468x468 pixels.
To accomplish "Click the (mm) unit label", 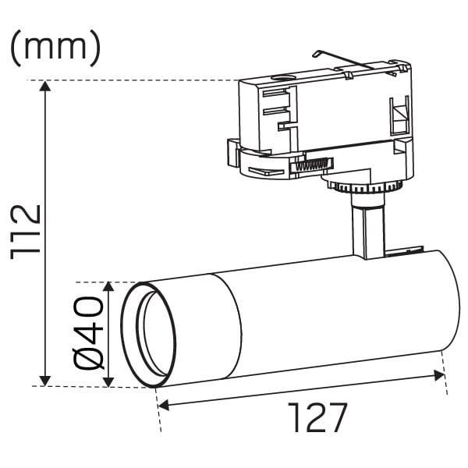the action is pyautogui.click(x=55, y=48).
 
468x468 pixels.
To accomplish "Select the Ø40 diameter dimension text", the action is pyautogui.click(x=88, y=333).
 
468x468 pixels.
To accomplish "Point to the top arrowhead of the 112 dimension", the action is pyautogui.click(x=45, y=86).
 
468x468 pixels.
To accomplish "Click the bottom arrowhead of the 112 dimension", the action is pyautogui.click(x=45, y=381).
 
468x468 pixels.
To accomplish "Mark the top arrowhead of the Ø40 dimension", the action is pyautogui.click(x=108, y=287).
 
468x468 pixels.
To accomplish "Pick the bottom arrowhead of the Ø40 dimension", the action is pyautogui.click(x=108, y=381).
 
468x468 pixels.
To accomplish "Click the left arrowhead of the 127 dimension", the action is pyautogui.click(x=164, y=406).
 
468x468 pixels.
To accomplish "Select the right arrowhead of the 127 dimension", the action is pyautogui.click(x=439, y=375).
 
